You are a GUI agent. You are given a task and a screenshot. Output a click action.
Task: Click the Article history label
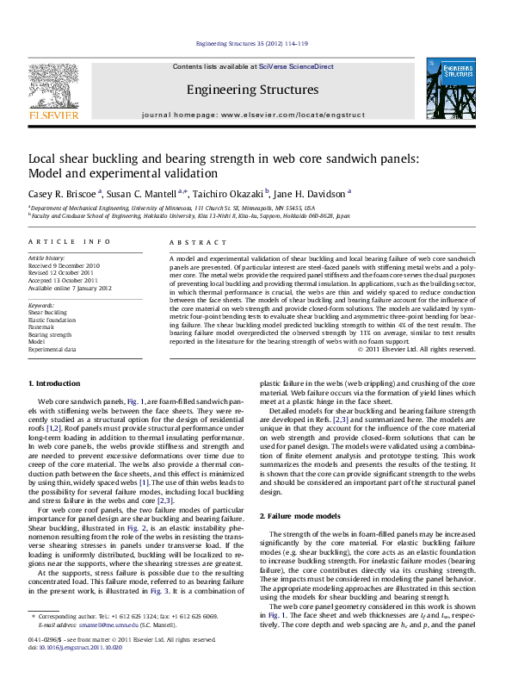(46, 258)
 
